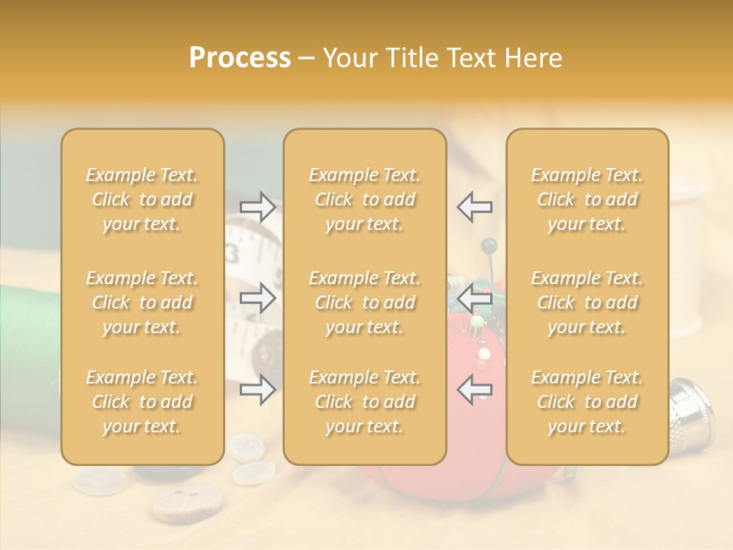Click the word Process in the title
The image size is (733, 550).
coord(240,58)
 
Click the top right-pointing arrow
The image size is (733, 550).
coord(257,206)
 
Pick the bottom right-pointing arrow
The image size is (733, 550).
coord(257,390)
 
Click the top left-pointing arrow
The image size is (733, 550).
coord(474,206)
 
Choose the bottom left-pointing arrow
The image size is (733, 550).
coord(474,390)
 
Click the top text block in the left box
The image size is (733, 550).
coord(142,199)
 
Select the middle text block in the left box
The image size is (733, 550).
coord(142,302)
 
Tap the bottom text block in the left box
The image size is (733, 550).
coord(142,402)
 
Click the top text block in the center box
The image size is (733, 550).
coord(364,199)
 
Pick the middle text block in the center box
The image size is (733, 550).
coord(364,302)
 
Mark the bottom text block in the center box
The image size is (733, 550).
coord(364,402)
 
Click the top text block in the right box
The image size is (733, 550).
coord(587,199)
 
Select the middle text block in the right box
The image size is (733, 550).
coord(587,302)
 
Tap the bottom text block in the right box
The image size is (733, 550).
coord(587,402)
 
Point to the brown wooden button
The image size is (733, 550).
coord(173,503)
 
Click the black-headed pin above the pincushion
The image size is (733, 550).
coord(489,246)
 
